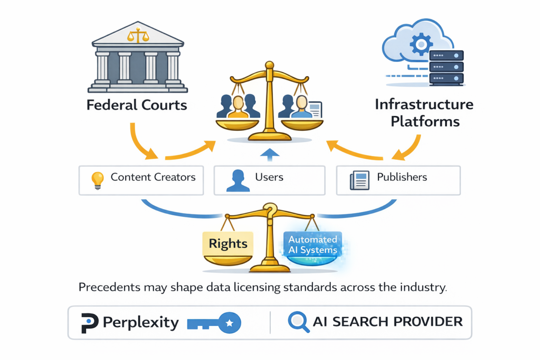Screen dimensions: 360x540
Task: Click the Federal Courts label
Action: [137, 104]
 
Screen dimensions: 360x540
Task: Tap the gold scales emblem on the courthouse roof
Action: [137, 35]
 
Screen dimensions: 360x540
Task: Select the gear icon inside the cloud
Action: [421, 45]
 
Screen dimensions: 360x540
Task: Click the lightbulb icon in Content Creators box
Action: [97, 180]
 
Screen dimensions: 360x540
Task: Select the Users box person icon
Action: [237, 180]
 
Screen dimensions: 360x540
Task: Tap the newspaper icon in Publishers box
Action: [359, 180]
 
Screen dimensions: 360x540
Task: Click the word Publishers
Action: [402, 177]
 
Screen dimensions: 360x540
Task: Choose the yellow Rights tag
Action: [228, 244]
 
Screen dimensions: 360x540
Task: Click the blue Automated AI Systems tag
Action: [312, 245]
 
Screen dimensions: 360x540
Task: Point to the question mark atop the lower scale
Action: [270, 211]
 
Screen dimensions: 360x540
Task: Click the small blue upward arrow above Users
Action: [270, 155]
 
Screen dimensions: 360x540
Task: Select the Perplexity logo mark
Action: [89, 323]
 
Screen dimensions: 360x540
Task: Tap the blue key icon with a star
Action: [214, 323]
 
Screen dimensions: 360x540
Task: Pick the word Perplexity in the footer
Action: [141, 322]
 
